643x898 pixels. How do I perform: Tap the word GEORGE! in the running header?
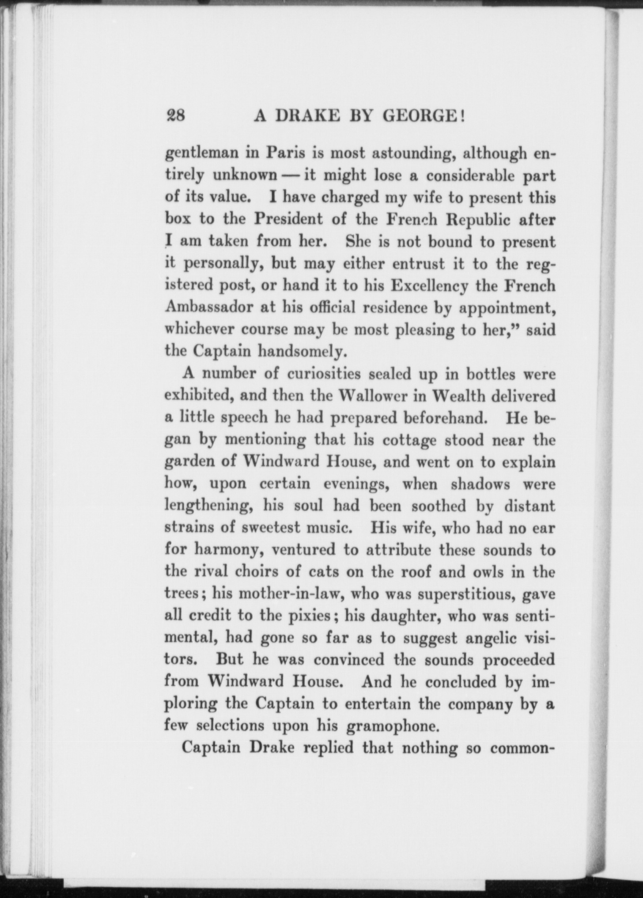pos(424,116)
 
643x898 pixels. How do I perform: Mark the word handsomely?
pos(300,351)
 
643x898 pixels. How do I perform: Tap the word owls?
pos(487,572)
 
